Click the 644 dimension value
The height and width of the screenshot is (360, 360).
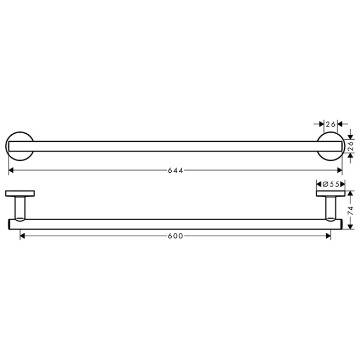pyautogui.click(x=176, y=170)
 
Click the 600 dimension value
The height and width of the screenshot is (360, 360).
pyautogui.click(x=176, y=236)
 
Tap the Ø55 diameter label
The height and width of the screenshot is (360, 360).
pyautogui.click(x=331, y=184)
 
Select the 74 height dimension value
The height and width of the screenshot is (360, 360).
pyautogui.click(x=350, y=211)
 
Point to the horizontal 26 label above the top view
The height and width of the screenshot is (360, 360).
pyautogui.click(x=330, y=124)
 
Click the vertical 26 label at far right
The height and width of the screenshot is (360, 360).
pyautogui.click(x=350, y=146)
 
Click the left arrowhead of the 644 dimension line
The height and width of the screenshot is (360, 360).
pyautogui.click(x=11, y=170)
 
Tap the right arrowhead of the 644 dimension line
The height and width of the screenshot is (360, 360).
pyautogui.click(x=339, y=170)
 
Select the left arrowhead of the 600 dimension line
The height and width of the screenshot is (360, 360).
pyautogui.click(x=23, y=236)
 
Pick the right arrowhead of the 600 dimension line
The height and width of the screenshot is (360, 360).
pyautogui.click(x=328, y=236)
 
